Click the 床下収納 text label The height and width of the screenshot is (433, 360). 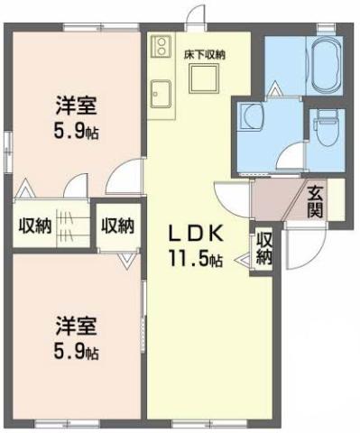point(205,55)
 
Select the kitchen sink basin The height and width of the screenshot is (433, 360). point(163,93)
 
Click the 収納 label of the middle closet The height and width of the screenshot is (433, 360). point(117,226)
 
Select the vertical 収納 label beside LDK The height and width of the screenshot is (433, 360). point(263,247)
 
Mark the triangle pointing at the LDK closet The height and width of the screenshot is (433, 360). point(242,262)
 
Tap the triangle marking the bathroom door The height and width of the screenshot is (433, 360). point(274,88)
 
